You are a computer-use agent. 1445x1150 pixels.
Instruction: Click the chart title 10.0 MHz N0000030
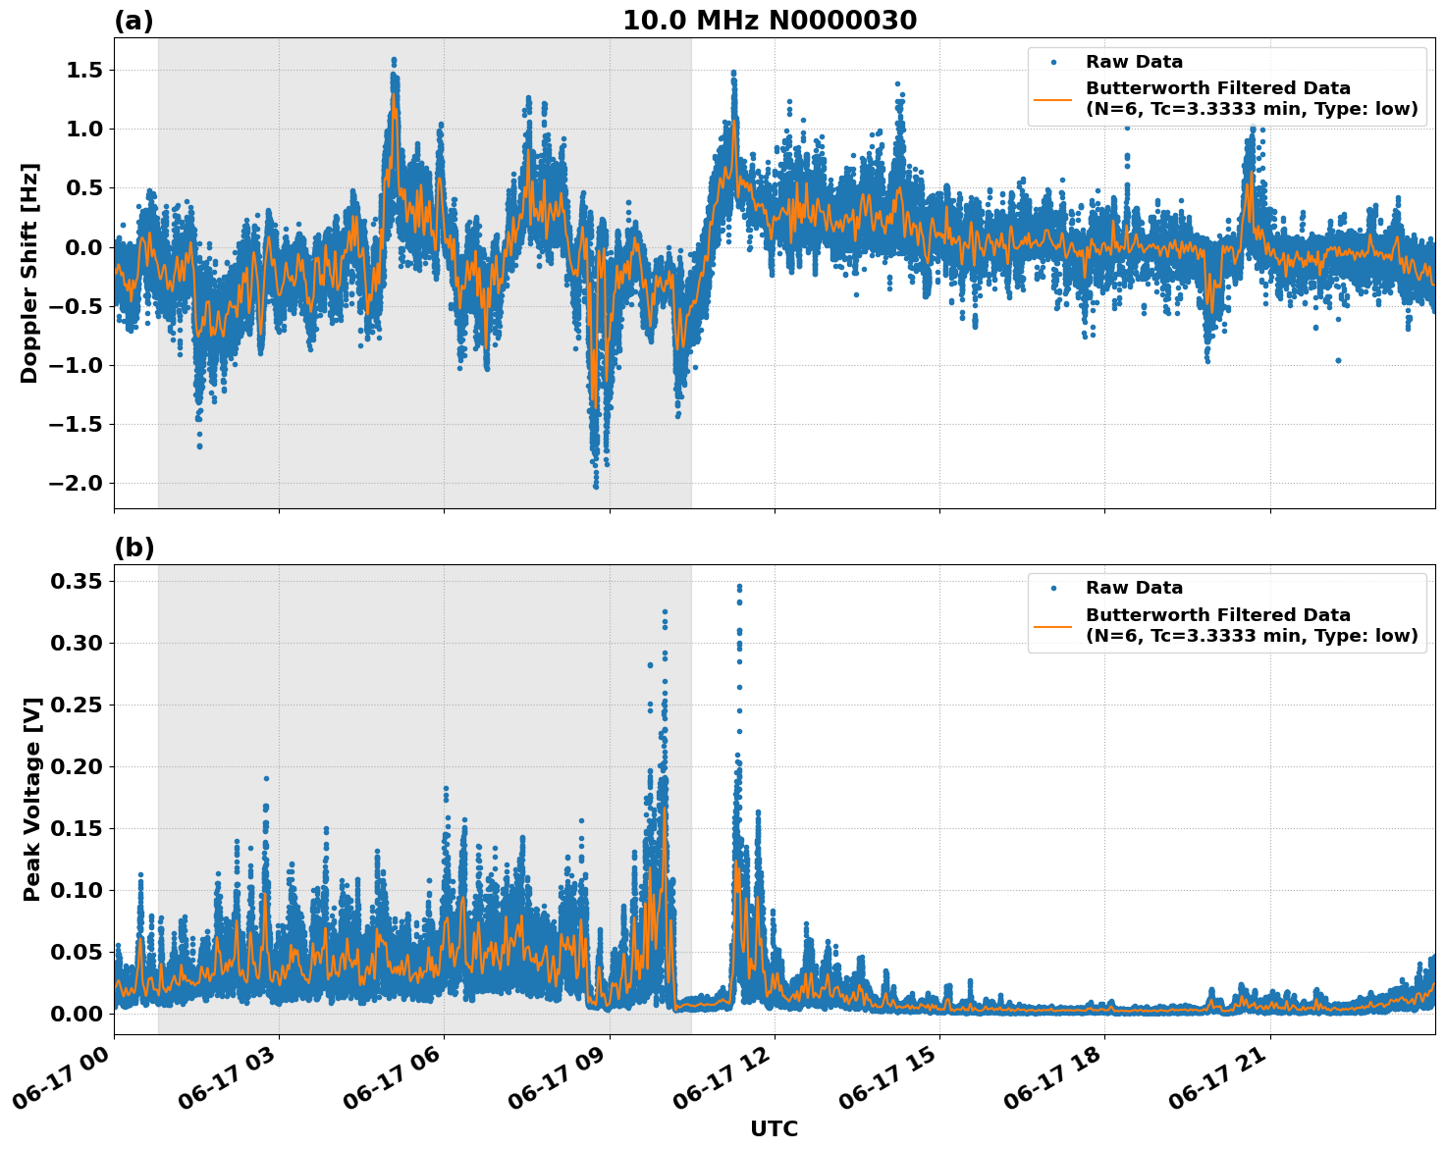pos(770,21)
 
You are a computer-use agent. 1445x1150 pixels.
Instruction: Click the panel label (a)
pos(134,21)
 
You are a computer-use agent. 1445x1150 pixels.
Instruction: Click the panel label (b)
pos(134,548)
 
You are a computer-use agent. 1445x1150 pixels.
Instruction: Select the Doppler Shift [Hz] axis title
pos(29,273)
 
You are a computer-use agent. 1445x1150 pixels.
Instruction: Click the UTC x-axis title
pos(774,1128)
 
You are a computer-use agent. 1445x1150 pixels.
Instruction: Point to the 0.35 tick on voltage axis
pos(76,582)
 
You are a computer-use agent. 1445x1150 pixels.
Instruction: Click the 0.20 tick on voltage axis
pos(76,766)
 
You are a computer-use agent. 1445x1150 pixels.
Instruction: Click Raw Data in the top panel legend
pos(1134,62)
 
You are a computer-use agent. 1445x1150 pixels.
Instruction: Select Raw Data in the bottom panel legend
pos(1134,588)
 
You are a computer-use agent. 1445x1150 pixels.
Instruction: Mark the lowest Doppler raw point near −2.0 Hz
pos(596,486)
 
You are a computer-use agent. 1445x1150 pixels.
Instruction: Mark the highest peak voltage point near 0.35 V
pos(739,587)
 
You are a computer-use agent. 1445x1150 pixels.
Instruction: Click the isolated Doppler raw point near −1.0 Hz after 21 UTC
pos(1338,360)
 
